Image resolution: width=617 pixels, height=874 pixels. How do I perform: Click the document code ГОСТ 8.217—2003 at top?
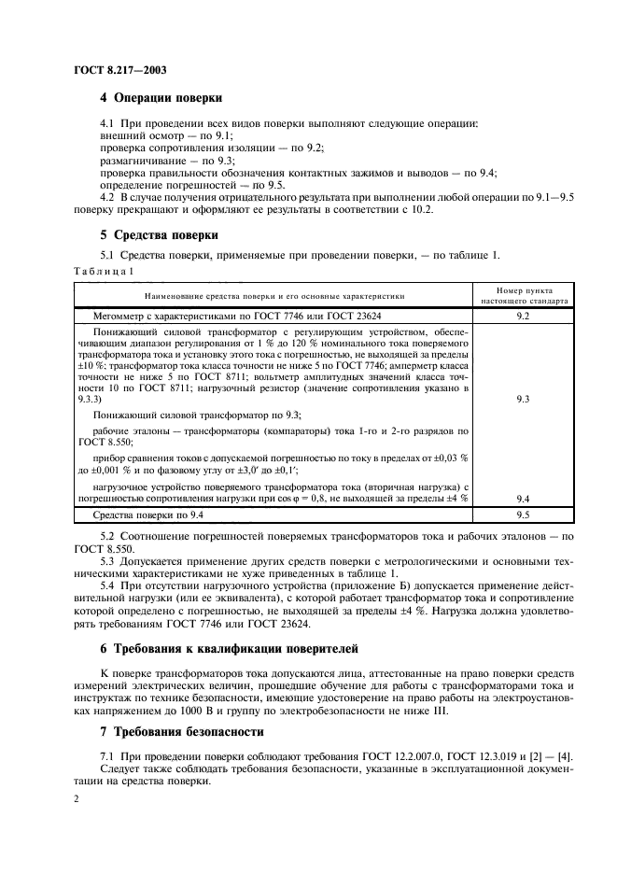click(x=114, y=71)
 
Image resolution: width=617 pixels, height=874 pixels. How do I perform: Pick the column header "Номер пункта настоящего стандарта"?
click(x=523, y=296)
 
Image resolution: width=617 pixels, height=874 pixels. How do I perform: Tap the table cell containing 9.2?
click(x=523, y=317)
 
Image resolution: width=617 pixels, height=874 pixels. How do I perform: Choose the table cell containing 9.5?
click(x=523, y=514)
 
